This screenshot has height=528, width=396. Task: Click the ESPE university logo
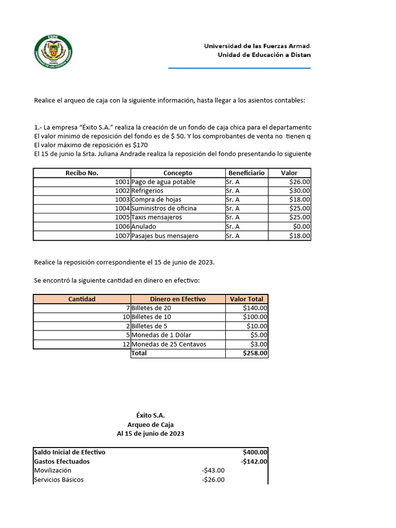point(53,53)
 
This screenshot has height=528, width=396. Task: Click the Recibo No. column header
point(81,173)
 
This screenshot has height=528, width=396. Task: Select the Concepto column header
point(177,173)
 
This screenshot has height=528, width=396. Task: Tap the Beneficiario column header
point(245,173)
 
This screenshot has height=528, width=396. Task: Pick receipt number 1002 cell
point(122,191)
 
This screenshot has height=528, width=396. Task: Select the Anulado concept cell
point(144,226)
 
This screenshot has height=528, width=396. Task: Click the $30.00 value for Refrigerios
point(300,191)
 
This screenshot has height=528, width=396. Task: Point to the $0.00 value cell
point(301,226)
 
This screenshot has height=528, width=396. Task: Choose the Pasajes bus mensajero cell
point(165,236)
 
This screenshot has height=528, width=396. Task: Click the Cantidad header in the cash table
point(81,299)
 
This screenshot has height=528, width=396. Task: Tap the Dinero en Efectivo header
point(177,299)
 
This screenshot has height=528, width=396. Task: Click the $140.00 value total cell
point(255,308)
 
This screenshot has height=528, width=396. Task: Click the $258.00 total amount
point(255,353)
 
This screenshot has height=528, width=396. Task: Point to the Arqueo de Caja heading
point(150,424)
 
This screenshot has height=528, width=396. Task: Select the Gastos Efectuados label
point(61,461)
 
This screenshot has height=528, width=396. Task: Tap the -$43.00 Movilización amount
point(213,470)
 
